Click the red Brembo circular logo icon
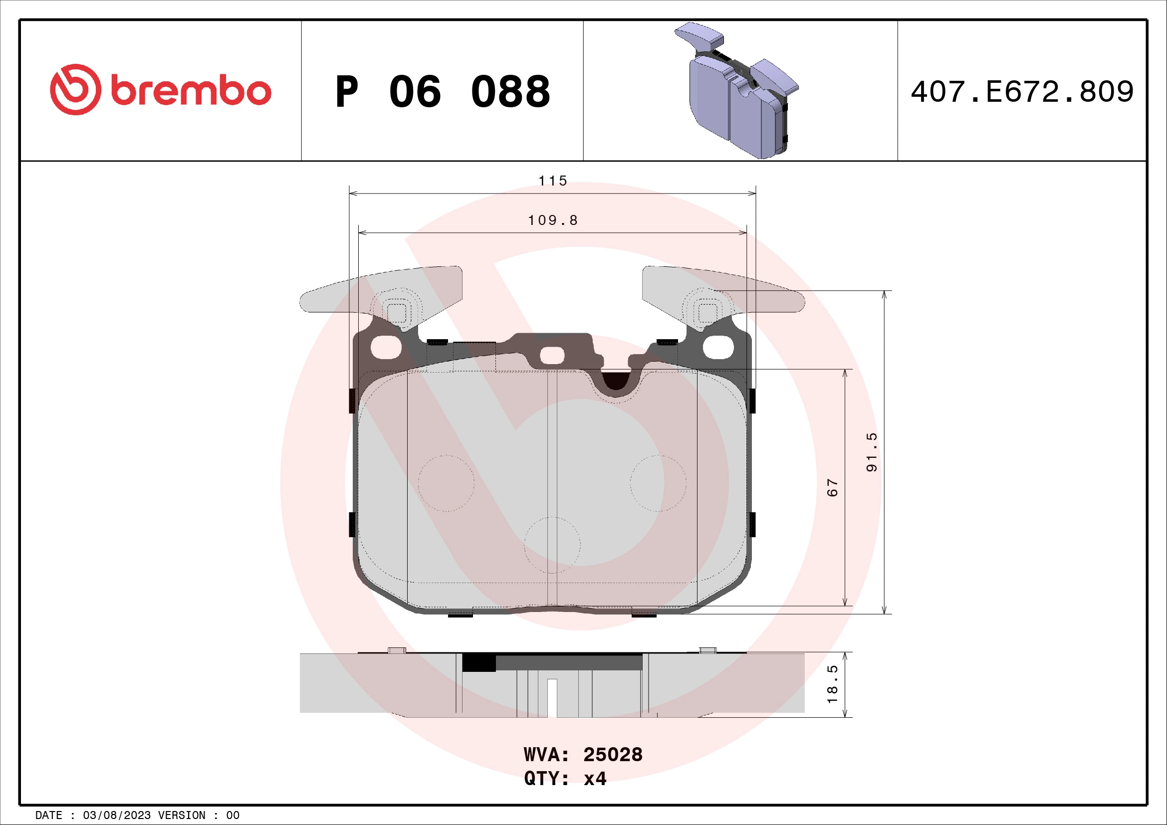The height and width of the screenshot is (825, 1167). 75,89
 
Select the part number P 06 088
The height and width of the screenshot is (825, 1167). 442,92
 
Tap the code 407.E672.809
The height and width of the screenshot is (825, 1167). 1022,92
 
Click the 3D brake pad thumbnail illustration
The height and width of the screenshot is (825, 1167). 737,91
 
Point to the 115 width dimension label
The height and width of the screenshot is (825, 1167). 552,181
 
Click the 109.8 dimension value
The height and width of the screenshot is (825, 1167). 552,220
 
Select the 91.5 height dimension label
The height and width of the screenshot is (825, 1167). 871,452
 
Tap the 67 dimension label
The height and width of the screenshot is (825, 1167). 832,488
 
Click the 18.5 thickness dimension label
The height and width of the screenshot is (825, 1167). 832,684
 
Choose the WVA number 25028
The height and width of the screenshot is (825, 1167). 613,755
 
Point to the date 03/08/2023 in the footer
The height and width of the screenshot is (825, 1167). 116,816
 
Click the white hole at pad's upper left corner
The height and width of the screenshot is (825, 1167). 386,348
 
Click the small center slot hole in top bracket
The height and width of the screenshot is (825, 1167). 552,356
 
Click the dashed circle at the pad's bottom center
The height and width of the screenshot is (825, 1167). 552,545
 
